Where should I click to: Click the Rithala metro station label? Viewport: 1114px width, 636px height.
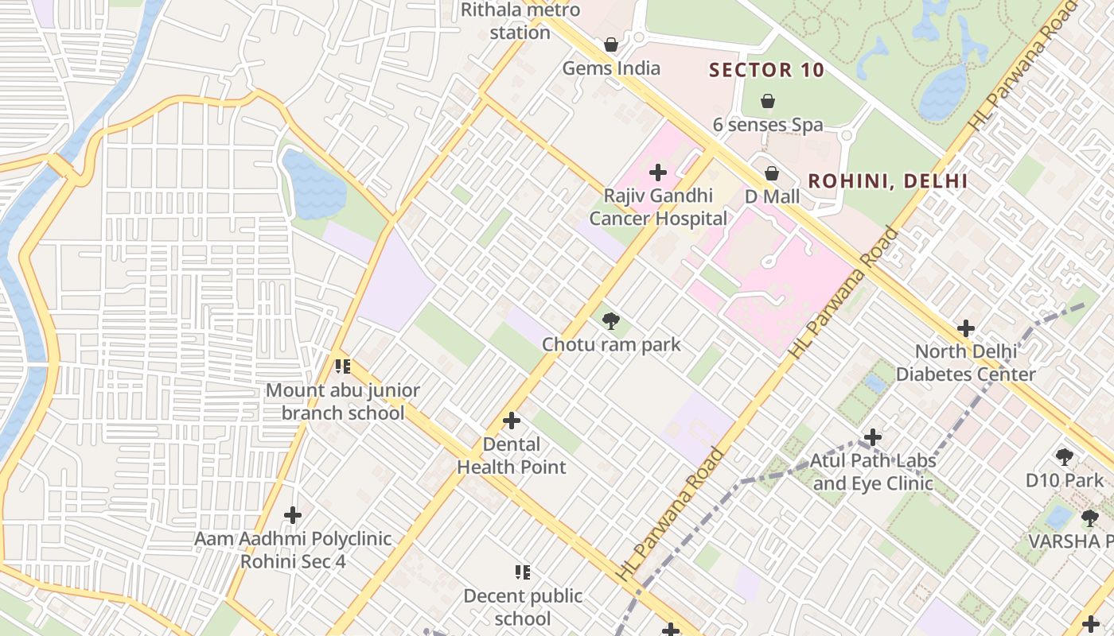[520, 21]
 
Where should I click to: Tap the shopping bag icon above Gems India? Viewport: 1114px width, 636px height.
[611, 45]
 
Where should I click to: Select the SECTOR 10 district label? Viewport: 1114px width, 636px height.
[767, 70]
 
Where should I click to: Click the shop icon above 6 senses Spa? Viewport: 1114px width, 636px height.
[768, 101]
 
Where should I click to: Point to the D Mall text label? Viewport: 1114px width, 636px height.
[772, 196]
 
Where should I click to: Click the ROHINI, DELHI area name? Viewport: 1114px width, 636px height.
[888, 181]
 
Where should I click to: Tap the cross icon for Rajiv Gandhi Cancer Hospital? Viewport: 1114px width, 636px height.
[658, 173]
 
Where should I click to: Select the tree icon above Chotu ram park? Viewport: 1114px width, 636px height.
[611, 321]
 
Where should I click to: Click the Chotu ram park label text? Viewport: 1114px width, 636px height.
[611, 344]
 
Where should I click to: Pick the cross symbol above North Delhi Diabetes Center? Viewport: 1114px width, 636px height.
[966, 328]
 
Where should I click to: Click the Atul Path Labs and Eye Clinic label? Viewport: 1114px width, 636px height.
[873, 471]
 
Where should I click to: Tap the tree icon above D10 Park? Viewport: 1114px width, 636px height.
[1065, 457]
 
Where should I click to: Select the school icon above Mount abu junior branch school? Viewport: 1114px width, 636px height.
[343, 366]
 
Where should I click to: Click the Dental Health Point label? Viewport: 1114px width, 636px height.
[512, 456]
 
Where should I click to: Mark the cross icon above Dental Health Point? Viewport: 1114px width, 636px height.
[512, 421]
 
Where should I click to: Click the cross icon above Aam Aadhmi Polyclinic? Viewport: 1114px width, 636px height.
[293, 515]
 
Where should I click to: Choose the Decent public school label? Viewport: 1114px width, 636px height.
[523, 607]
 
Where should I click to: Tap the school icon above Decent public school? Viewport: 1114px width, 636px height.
[523, 572]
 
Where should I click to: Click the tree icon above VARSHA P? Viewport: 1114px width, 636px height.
[1089, 518]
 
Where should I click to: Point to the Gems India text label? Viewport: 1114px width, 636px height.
[611, 68]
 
